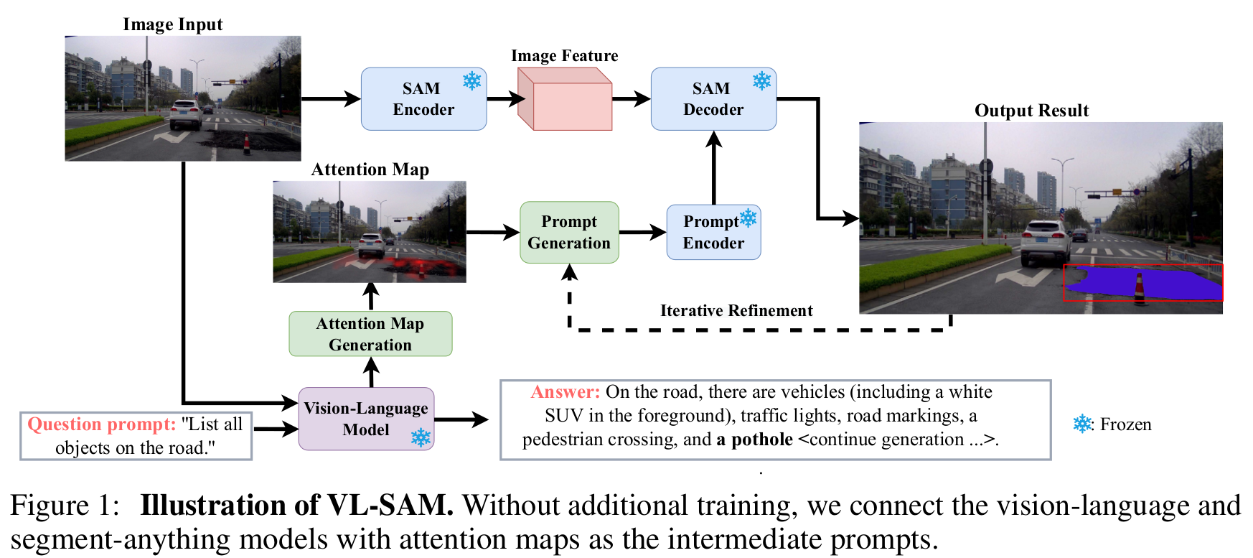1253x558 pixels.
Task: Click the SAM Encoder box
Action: (423, 99)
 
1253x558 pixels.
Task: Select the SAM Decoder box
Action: (713, 99)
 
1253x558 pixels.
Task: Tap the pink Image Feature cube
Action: (565, 99)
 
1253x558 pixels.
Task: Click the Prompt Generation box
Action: (569, 232)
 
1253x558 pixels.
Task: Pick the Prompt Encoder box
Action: (713, 232)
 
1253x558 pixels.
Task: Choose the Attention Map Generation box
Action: (370, 334)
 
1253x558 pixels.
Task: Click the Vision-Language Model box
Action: (366, 419)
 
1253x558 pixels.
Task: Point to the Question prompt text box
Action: (136, 436)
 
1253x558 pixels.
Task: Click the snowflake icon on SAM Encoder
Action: (472, 80)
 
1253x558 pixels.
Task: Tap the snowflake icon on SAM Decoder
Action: (762, 80)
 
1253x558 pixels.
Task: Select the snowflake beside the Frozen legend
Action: (1082, 424)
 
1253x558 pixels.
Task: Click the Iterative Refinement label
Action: (736, 310)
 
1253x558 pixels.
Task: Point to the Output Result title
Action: (1031, 111)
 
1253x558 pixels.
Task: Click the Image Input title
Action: (173, 24)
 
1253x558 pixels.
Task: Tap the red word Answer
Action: (566, 392)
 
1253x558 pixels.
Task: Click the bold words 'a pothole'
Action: (755, 440)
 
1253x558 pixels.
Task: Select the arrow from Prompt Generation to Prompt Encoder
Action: (643, 232)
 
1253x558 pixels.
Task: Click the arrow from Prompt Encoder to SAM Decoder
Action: (713, 168)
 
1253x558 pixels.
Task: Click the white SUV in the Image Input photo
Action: (185, 115)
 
